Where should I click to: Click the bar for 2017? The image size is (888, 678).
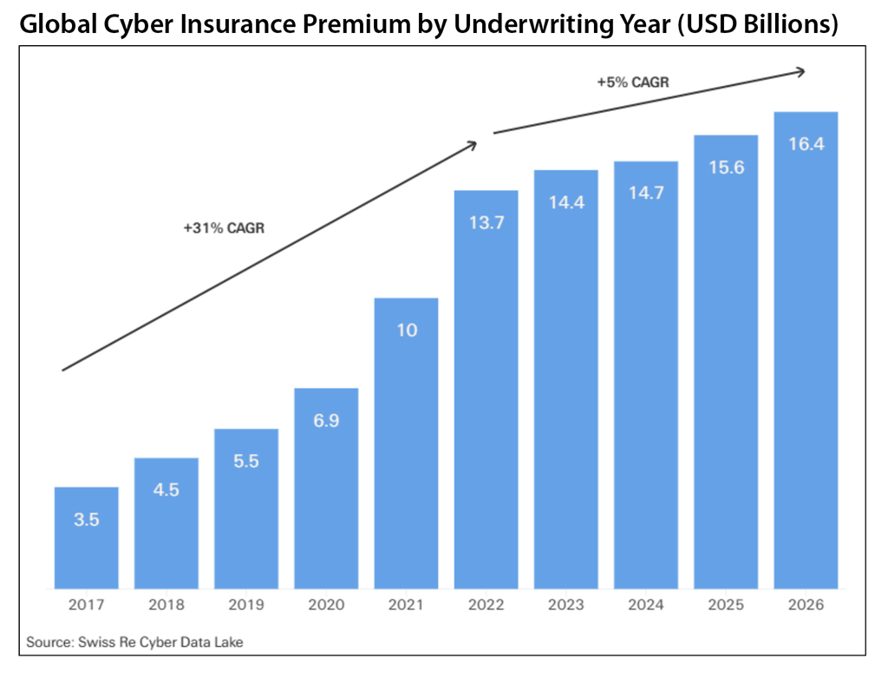click(x=87, y=537)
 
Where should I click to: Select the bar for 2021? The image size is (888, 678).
click(x=406, y=443)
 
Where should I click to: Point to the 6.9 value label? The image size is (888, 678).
click(x=326, y=421)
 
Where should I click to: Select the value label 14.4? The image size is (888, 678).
click(x=566, y=201)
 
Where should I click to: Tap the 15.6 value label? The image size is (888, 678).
click(x=726, y=168)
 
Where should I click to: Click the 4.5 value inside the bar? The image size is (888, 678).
click(x=166, y=490)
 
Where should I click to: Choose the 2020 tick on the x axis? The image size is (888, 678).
click(x=326, y=604)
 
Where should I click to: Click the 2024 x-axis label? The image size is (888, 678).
click(x=646, y=604)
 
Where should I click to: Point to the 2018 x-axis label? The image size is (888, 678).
click(x=166, y=604)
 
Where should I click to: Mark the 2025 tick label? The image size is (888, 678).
click(x=726, y=604)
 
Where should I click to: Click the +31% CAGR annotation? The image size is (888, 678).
click(x=224, y=229)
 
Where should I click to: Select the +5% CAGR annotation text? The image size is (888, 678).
click(x=632, y=82)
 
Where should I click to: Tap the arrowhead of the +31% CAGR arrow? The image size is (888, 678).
click(x=473, y=143)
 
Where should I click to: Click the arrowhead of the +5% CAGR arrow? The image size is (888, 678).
click(x=802, y=72)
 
